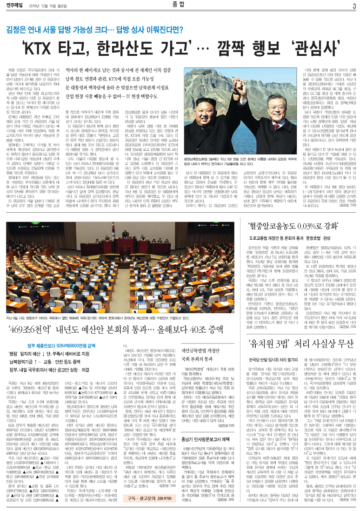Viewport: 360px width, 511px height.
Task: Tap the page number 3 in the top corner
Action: [x=354, y=6]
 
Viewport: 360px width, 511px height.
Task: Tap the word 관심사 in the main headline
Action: [x=307, y=48]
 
